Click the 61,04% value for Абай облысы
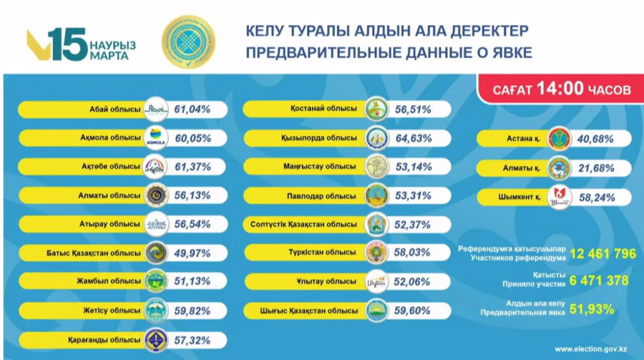point(192,110)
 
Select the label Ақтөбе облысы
point(115,166)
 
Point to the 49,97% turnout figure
point(192,253)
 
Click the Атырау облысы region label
point(116,224)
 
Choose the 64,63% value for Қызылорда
point(413,138)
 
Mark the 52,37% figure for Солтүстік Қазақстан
point(413,224)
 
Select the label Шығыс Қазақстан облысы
point(308,310)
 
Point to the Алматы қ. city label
point(521,168)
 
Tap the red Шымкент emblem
point(558,197)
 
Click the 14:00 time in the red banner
point(560,89)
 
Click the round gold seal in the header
point(188,41)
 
